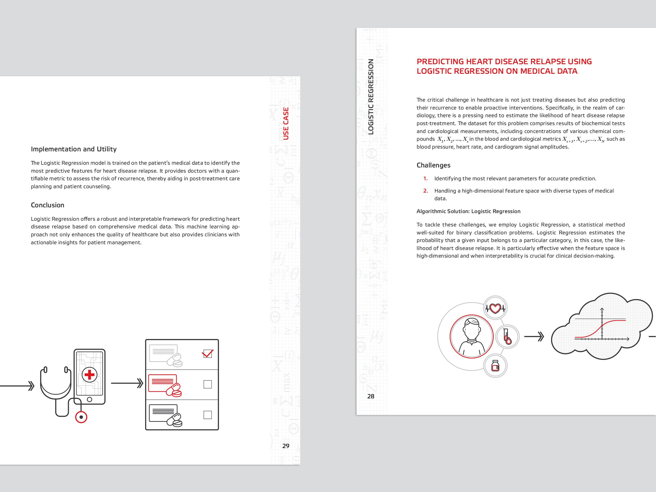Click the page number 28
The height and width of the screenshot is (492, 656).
coord(370,396)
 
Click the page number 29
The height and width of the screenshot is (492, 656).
coord(286,446)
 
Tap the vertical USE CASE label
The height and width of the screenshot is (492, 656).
coord(286,123)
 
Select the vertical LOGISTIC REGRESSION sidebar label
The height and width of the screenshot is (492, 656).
coord(371,97)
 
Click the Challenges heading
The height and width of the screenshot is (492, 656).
coord(433,165)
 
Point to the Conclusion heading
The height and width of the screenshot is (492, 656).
coord(48,205)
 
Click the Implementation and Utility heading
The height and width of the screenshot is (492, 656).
coord(73,149)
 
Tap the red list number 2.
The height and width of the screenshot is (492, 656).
coord(426,191)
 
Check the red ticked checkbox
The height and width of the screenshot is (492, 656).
coord(208,353)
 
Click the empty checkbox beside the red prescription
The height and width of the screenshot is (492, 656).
coord(208,384)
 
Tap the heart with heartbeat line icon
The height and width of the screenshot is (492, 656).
coord(495,308)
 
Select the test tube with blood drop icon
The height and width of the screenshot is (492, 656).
coord(507,337)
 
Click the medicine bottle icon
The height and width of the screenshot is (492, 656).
coord(495,366)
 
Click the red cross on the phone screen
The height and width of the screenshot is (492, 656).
coord(90,375)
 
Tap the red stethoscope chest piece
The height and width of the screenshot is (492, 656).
coord(81,417)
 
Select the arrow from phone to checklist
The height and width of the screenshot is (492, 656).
coord(127,383)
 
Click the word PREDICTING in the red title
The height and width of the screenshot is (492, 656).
coord(440,62)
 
